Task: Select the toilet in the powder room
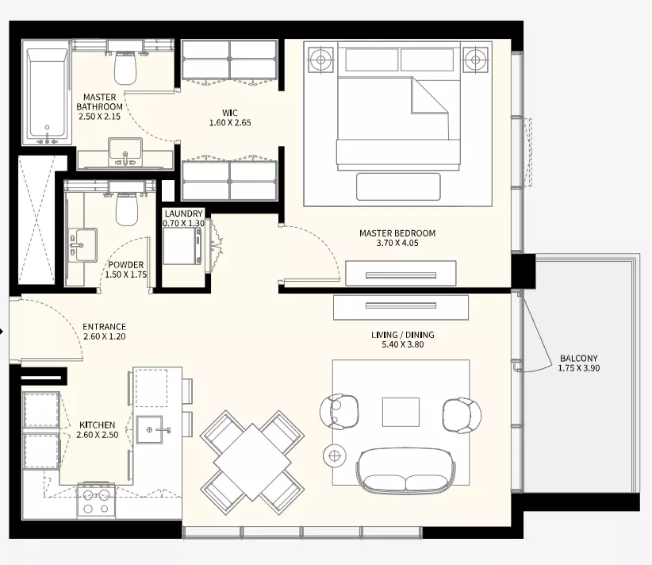(126, 209)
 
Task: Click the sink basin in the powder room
(82, 245)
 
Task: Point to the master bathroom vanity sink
(125, 152)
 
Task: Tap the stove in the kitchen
(96, 501)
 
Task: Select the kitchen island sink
(150, 429)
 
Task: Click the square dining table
(252, 462)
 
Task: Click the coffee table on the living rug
(401, 412)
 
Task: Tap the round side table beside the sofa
(335, 456)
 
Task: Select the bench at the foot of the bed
(398, 186)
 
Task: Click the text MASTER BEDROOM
(397, 233)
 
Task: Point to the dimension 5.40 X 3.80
(402, 344)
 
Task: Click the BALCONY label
(579, 358)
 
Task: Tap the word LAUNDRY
(183, 213)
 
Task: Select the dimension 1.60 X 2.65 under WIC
(230, 123)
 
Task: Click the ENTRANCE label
(105, 327)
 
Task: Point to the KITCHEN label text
(98, 425)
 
